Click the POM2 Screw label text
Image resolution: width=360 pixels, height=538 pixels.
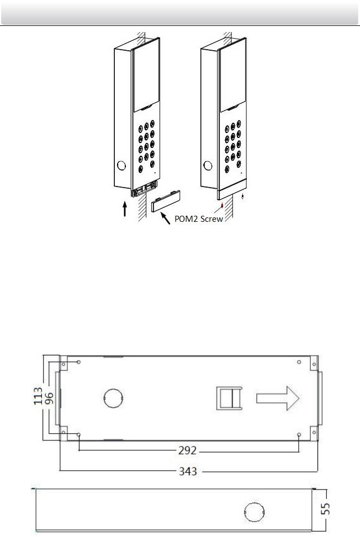pos(199,219)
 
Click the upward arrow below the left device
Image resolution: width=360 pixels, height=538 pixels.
pos(125,209)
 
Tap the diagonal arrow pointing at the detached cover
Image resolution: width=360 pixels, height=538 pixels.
pos(166,218)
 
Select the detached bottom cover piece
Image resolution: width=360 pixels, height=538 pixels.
pos(166,201)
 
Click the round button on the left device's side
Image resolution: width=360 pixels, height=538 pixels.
pos(121,166)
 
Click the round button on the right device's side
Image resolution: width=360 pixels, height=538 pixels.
pos(208,166)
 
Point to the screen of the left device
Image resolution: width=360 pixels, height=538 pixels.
pos(146,78)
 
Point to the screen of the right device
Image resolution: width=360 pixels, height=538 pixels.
pos(232,78)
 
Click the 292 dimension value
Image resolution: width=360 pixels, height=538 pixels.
pos(187,450)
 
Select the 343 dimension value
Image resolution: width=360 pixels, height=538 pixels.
pos(188,471)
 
